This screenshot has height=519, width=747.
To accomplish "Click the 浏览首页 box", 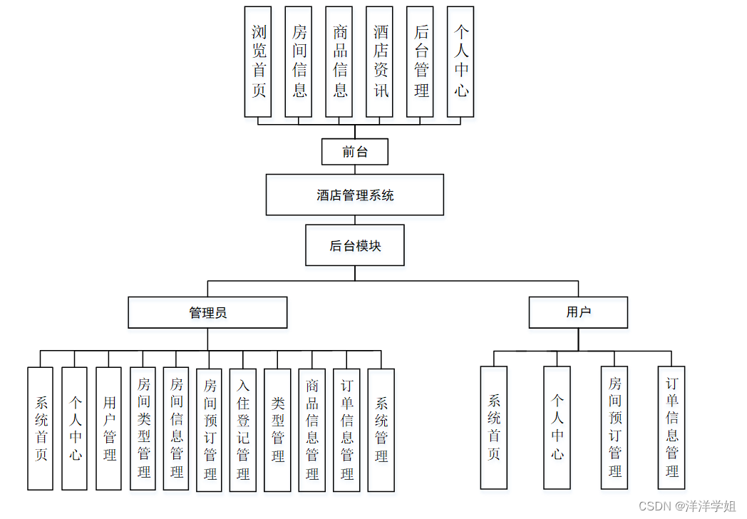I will coord(258,62).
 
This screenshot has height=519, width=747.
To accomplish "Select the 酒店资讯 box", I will coord(380,62).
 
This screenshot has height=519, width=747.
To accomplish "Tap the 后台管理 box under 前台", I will coord(421,62).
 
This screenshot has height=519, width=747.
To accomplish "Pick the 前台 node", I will coord(355,152).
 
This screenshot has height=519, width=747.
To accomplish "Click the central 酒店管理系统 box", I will coord(355,195).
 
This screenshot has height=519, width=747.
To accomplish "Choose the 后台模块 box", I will coord(355,246).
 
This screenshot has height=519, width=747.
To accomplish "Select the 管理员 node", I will coord(207,312).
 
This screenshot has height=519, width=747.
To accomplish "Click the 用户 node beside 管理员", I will coord(578,312).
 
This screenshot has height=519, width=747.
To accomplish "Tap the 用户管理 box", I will coord(109,428).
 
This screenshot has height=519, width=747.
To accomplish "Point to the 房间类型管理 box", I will coord(143,428).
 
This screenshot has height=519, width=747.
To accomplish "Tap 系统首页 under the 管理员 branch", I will coord(41,428).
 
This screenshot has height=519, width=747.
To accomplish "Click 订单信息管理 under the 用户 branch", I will coord(671,428).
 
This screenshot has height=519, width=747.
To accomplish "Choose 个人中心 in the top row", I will coord(461,62).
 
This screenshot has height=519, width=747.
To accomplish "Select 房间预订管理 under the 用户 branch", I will coord(614,428).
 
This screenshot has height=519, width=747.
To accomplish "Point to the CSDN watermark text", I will coord(687,506).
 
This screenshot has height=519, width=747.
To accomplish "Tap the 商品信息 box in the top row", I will coord(339,62).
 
